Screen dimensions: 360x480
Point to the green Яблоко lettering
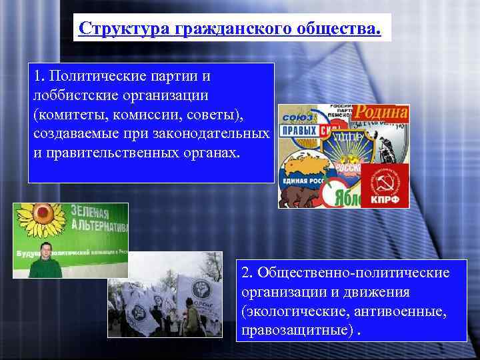point(343,198)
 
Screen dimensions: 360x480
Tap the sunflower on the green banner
point(35,220)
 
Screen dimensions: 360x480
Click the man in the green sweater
point(45,261)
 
